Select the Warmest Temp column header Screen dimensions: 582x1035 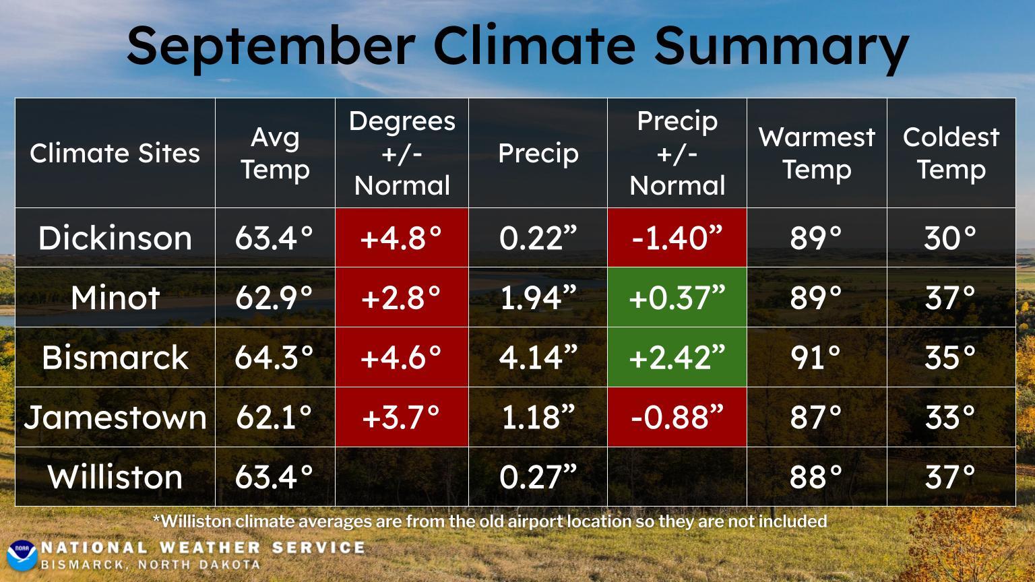pyautogui.click(x=817, y=154)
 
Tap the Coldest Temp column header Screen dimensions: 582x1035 pyautogui.click(x=951, y=154)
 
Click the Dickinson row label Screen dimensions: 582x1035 pyautogui.click(x=115, y=238)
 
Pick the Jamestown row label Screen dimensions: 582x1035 pyautogui.click(x=115, y=417)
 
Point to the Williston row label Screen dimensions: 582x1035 pyautogui.click(x=115, y=477)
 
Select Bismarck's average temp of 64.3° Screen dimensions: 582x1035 pyautogui.click(x=274, y=357)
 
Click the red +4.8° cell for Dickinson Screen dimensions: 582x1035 pyautogui.click(x=402, y=238)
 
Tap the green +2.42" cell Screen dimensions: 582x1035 pyautogui.click(x=677, y=357)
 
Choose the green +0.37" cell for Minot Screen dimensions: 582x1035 pyautogui.click(x=677, y=298)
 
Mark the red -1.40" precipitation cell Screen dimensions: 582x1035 pyautogui.click(x=677, y=238)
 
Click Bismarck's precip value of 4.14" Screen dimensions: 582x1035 pyautogui.click(x=538, y=357)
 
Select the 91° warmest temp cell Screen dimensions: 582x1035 pyautogui.click(x=816, y=357)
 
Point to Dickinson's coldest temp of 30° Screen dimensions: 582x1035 pyautogui.click(x=950, y=238)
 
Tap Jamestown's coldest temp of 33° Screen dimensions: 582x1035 pyautogui.click(x=950, y=417)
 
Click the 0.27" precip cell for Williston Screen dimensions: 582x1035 pyautogui.click(x=538, y=477)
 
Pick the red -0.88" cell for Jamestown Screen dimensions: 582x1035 pyautogui.click(x=677, y=417)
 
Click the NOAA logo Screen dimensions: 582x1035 pyautogui.click(x=22, y=554)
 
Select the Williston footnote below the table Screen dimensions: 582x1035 pyautogui.click(x=490, y=521)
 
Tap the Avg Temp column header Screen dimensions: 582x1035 pyautogui.click(x=275, y=154)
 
